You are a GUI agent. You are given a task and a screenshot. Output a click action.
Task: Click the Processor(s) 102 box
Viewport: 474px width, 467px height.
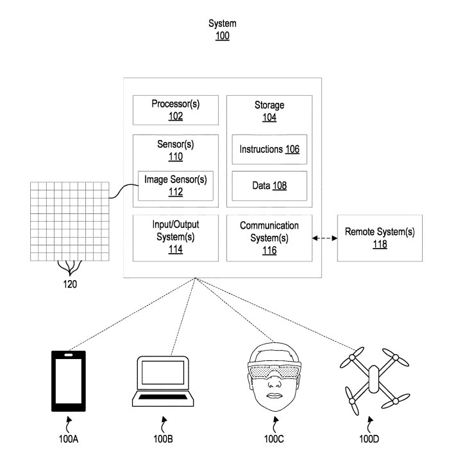[x=175, y=110]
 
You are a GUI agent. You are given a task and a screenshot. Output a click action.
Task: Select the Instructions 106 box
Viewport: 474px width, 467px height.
[x=269, y=149]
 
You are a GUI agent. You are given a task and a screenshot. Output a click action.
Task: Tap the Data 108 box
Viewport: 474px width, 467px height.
[x=269, y=186]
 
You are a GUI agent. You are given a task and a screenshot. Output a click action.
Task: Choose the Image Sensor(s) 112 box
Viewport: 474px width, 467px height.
[x=175, y=184]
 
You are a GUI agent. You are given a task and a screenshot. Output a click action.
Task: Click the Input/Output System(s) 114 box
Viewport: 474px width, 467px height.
[x=175, y=238]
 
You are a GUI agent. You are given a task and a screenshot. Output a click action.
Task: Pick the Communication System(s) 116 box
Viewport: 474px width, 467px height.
[x=269, y=238]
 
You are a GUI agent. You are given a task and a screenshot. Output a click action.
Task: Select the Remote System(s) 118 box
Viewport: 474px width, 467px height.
[x=380, y=238]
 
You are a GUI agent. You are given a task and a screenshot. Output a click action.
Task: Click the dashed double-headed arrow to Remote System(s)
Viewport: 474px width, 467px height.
[x=325, y=238]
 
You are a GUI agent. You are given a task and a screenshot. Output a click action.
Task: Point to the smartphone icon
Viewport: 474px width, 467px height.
[x=68, y=380]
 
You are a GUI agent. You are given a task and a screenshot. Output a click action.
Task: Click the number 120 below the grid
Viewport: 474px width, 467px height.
[x=70, y=283]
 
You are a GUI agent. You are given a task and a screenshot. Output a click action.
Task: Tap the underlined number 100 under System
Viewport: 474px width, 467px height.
[x=222, y=36]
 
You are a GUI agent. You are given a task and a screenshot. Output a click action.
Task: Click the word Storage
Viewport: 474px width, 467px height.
[x=269, y=105]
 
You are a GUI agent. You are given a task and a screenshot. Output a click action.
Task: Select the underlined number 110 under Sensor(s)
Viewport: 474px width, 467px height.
[x=175, y=156]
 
